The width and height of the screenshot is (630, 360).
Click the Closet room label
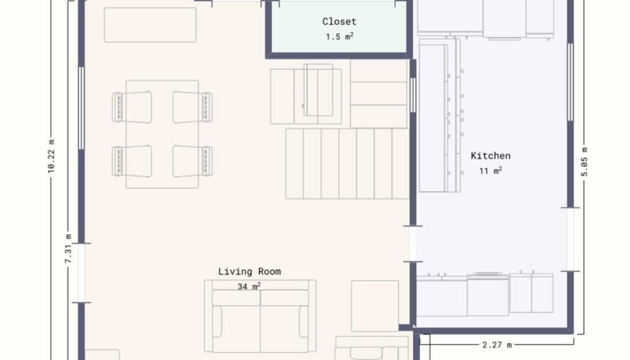339,22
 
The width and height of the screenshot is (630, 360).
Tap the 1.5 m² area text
339,36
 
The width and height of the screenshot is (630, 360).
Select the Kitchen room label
491,156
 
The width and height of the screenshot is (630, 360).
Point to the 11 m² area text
491,171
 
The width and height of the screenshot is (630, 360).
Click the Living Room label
250,272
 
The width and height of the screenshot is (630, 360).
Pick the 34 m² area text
249,287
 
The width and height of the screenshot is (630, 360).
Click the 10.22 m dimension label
51,157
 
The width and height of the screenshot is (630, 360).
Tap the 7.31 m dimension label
68,248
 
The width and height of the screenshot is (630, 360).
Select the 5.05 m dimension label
584,162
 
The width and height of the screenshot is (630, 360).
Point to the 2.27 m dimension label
497,345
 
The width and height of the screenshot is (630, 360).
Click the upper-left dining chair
132,107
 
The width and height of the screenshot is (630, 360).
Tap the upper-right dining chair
192,107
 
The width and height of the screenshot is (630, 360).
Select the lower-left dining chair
132,161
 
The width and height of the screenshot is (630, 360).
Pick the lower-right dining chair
192,161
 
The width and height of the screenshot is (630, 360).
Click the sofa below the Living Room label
260,316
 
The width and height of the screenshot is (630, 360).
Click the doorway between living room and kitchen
413,244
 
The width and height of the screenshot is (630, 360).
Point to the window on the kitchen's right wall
570,83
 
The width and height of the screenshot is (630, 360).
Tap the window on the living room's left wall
81,109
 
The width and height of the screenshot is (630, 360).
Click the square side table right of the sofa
375,306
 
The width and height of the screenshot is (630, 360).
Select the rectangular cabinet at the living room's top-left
150,24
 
